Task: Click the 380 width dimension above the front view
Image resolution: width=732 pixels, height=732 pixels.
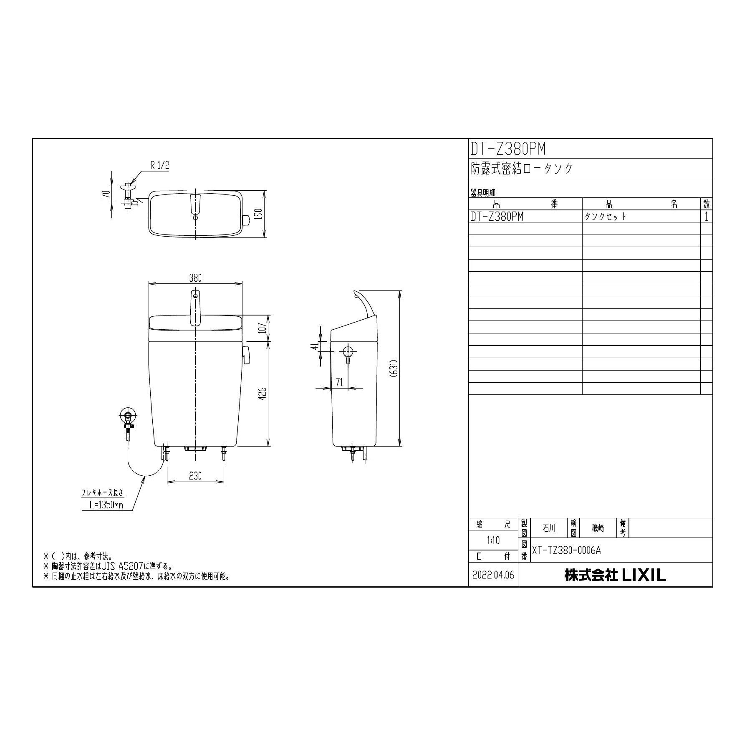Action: click(195, 278)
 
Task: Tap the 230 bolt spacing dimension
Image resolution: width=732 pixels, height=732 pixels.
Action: click(195, 475)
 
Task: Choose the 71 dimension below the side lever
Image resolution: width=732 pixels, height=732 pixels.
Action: click(339, 382)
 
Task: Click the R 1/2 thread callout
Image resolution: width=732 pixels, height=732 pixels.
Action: click(160, 165)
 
